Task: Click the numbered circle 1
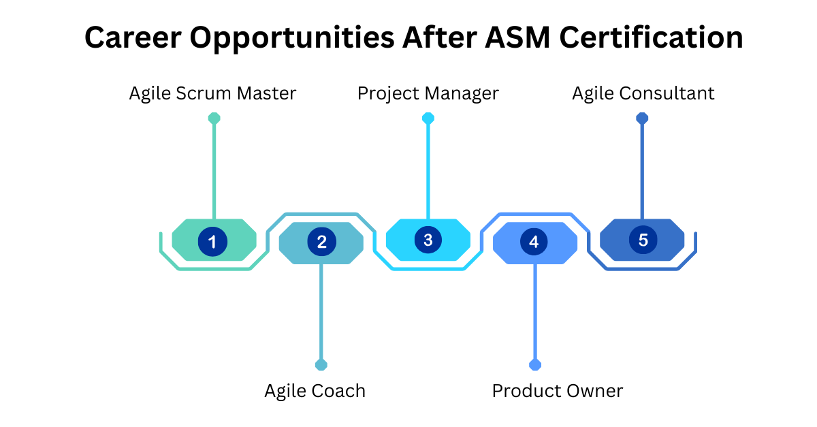pyautogui.click(x=212, y=241)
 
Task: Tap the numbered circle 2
pyautogui.click(x=321, y=241)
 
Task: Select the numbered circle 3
pyautogui.click(x=428, y=240)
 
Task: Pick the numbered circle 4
pyautogui.click(x=534, y=241)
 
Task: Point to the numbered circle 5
pyautogui.click(x=643, y=240)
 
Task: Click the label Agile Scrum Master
pyautogui.click(x=212, y=93)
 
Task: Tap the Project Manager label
pyautogui.click(x=428, y=93)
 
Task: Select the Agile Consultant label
pyautogui.click(x=643, y=93)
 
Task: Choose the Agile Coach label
pyautogui.click(x=315, y=391)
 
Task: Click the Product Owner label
pyautogui.click(x=558, y=391)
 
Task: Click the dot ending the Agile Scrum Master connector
pyautogui.click(x=214, y=118)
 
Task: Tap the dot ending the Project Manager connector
pyautogui.click(x=428, y=118)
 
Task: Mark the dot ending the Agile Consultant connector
pyautogui.click(x=642, y=118)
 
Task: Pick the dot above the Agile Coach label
pyautogui.click(x=321, y=365)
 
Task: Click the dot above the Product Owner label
pyautogui.click(x=535, y=365)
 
